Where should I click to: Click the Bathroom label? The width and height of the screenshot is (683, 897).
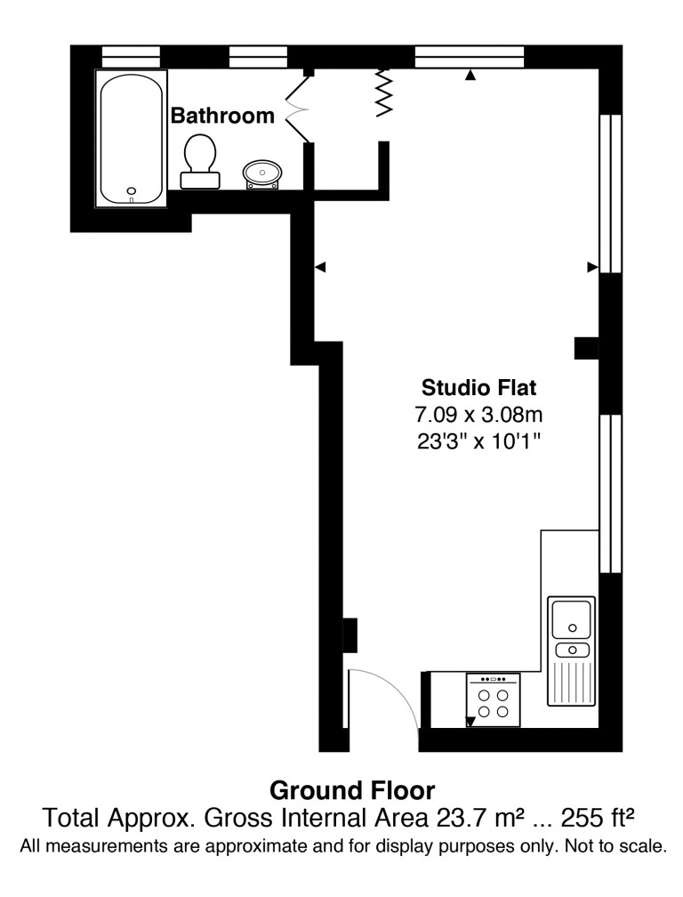(x=222, y=116)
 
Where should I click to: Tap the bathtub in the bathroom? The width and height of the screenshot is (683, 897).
(x=131, y=139)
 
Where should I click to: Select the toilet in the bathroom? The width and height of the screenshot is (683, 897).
(x=200, y=161)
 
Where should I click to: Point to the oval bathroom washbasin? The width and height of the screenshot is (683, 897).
(x=262, y=174)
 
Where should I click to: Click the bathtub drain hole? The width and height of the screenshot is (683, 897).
(x=132, y=191)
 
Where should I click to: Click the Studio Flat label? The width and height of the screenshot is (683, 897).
(x=479, y=388)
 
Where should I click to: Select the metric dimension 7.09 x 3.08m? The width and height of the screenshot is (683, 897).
(x=479, y=414)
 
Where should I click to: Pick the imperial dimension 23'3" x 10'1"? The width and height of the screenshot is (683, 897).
(x=479, y=441)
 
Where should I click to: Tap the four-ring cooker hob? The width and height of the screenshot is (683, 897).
(x=494, y=699)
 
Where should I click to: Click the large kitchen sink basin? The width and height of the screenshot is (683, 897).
(x=571, y=618)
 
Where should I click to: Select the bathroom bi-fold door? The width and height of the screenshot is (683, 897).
(x=297, y=108)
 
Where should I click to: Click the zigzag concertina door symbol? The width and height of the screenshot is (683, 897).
(x=384, y=93)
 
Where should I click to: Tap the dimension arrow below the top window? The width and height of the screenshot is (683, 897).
(x=470, y=75)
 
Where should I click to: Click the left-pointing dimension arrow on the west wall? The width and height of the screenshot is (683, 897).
(x=321, y=267)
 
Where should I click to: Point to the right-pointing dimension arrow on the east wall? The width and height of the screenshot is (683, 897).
(x=592, y=267)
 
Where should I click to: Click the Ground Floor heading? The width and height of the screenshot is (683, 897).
(x=352, y=790)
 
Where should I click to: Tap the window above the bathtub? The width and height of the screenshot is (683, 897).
(x=131, y=57)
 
